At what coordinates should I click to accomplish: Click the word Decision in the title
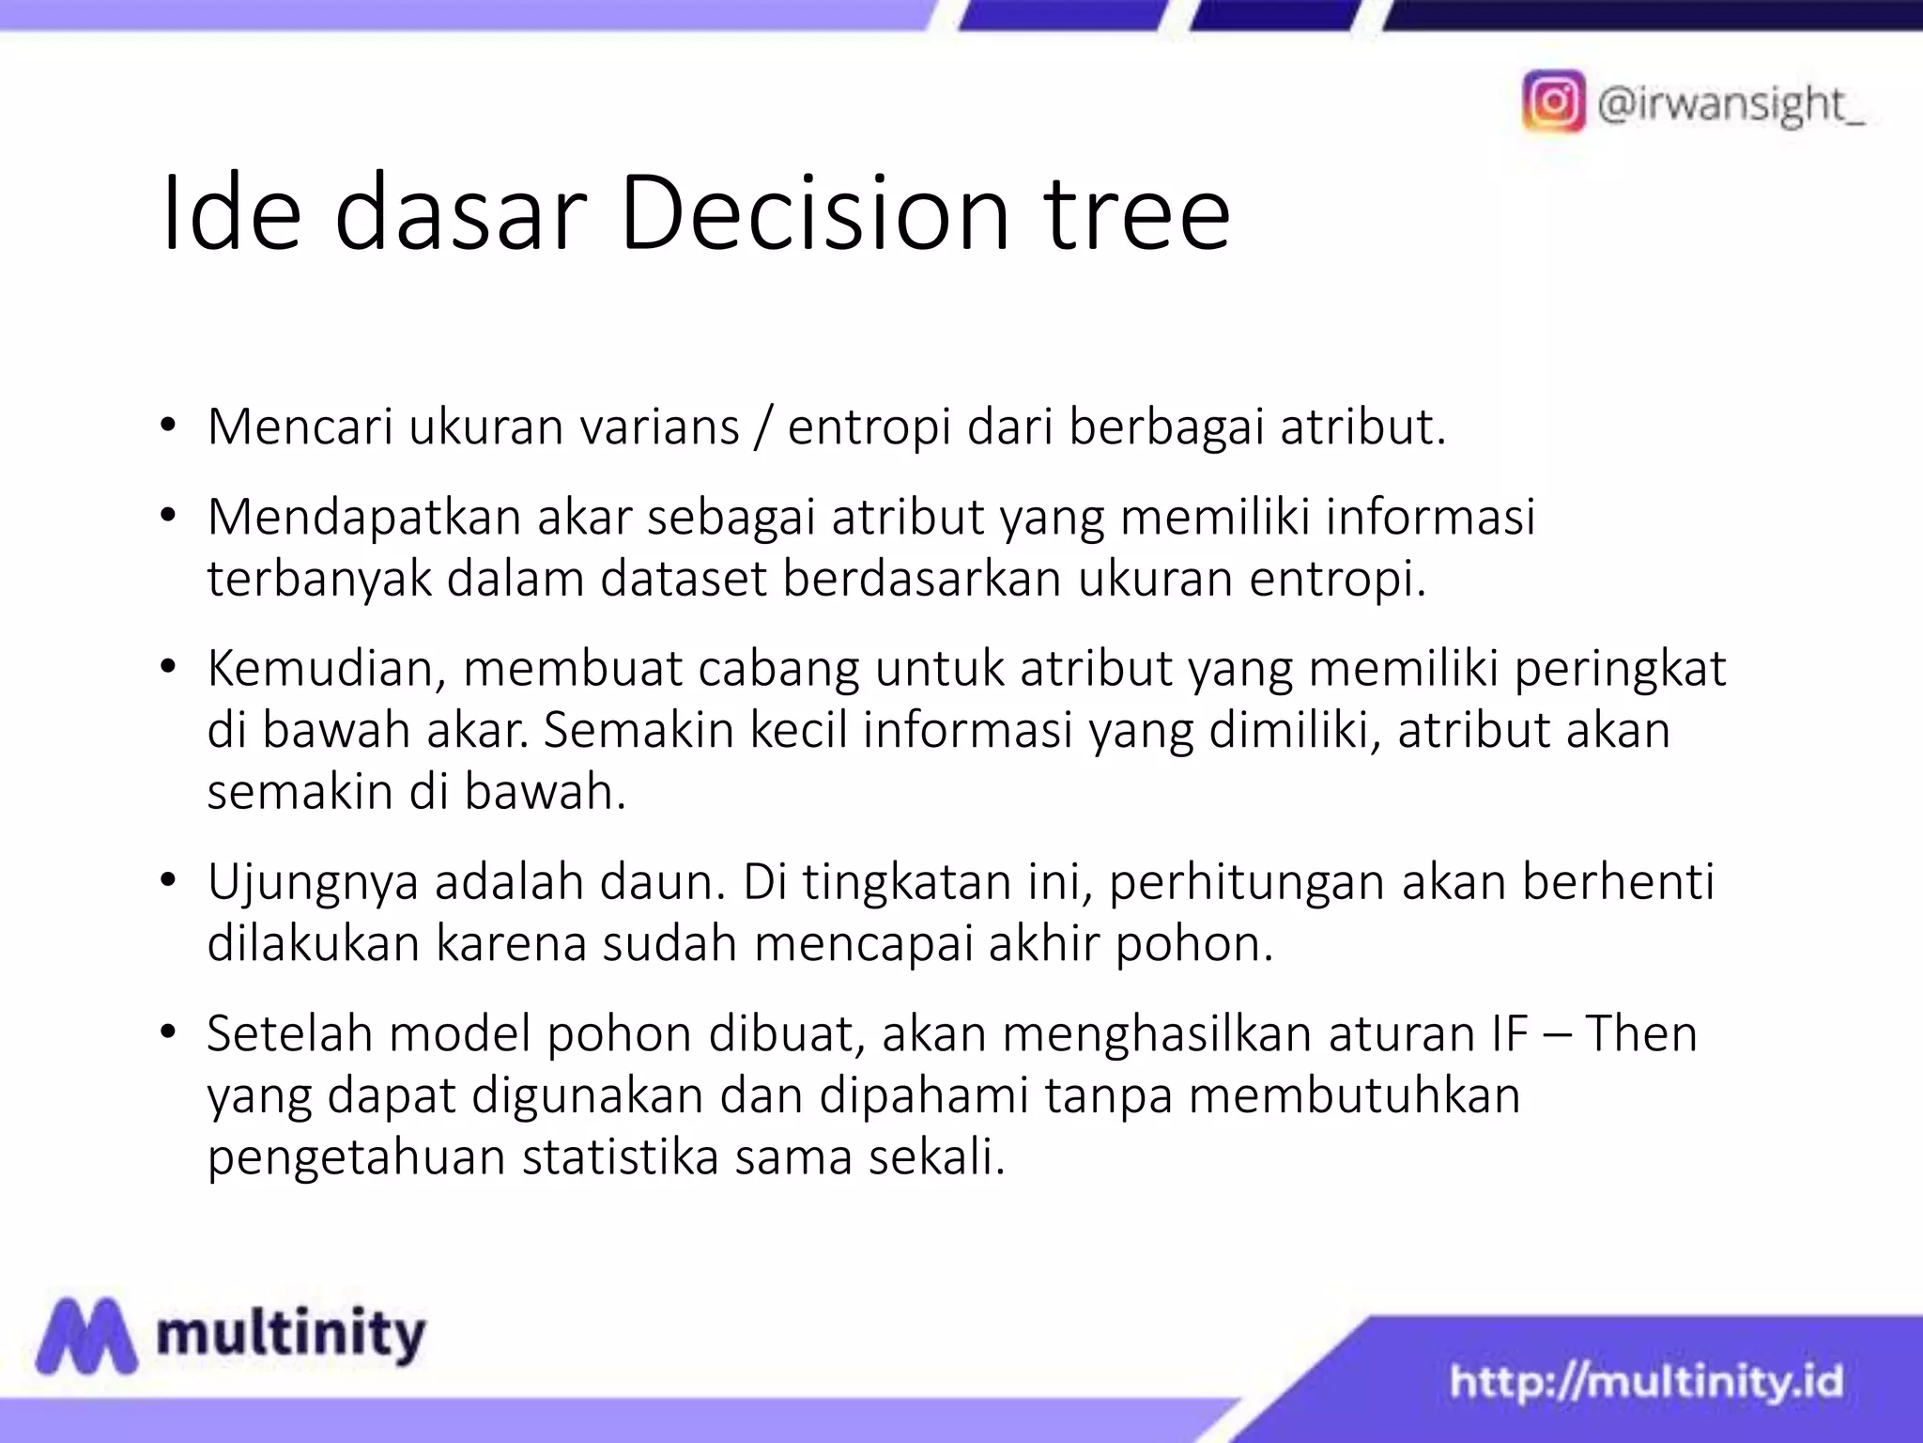[x=813, y=214]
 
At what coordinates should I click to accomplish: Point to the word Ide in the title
[x=231, y=214]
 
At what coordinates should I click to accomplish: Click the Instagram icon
[x=1553, y=101]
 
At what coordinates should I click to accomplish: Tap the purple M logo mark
[x=85, y=1335]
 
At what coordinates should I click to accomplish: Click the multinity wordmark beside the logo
[x=291, y=1335]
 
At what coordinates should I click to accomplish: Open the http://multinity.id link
[x=1646, y=1382]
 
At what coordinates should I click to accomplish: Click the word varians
[x=659, y=427]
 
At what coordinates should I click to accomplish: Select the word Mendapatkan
[x=363, y=518]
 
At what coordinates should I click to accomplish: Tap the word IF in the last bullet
[x=1509, y=1033]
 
